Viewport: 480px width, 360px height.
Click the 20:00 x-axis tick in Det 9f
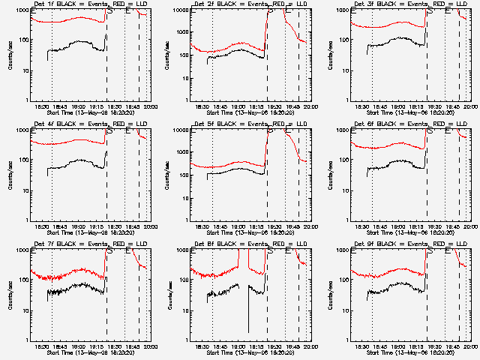(469, 347)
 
